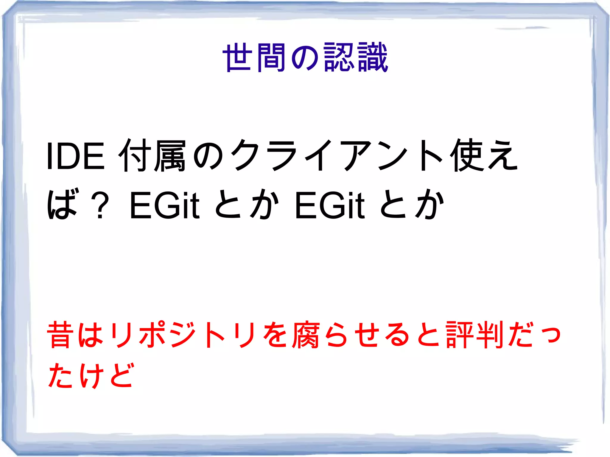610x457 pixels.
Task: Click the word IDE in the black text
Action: pos(76,156)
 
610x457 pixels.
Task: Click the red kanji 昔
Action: pos(60,335)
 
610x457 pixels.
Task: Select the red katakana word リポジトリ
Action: pos(182,335)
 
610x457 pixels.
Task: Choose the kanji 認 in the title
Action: pos(339,57)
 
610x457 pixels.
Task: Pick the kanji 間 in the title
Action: pos(271,57)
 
